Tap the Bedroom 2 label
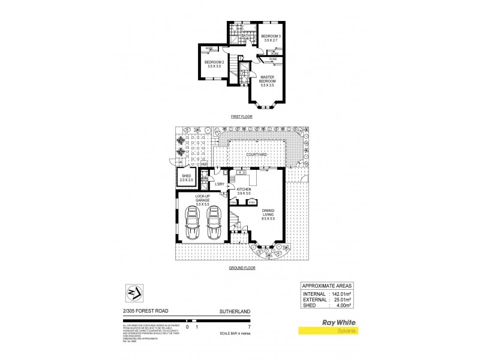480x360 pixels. [x=214, y=64]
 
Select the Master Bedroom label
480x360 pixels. [x=267, y=80]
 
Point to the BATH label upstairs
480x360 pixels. [x=245, y=36]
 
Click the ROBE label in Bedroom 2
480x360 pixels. [x=209, y=48]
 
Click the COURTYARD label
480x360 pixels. [x=257, y=154]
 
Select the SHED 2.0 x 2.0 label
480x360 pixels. [x=185, y=178]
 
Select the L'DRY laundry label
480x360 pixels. [x=220, y=184]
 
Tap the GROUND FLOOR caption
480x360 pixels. [x=242, y=268]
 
